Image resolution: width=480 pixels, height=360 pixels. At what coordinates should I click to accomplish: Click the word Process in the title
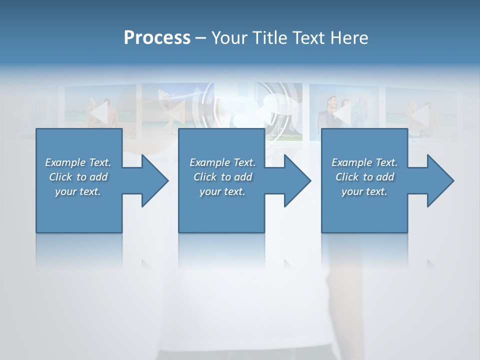pos(157,38)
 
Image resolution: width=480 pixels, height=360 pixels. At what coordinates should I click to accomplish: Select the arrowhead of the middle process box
pos(296,180)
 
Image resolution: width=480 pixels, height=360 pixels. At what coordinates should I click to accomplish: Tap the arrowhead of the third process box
pos(439,180)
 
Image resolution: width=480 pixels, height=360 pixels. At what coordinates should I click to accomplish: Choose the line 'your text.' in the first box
pos(78,191)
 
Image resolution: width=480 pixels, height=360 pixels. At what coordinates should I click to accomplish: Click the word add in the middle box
pos(243,177)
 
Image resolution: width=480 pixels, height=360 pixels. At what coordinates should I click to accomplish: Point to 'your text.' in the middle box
pos(222,191)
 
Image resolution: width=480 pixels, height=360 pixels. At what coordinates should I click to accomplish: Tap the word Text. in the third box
pos(386,162)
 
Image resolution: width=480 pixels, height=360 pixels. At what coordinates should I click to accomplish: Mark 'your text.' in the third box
pos(364,191)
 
